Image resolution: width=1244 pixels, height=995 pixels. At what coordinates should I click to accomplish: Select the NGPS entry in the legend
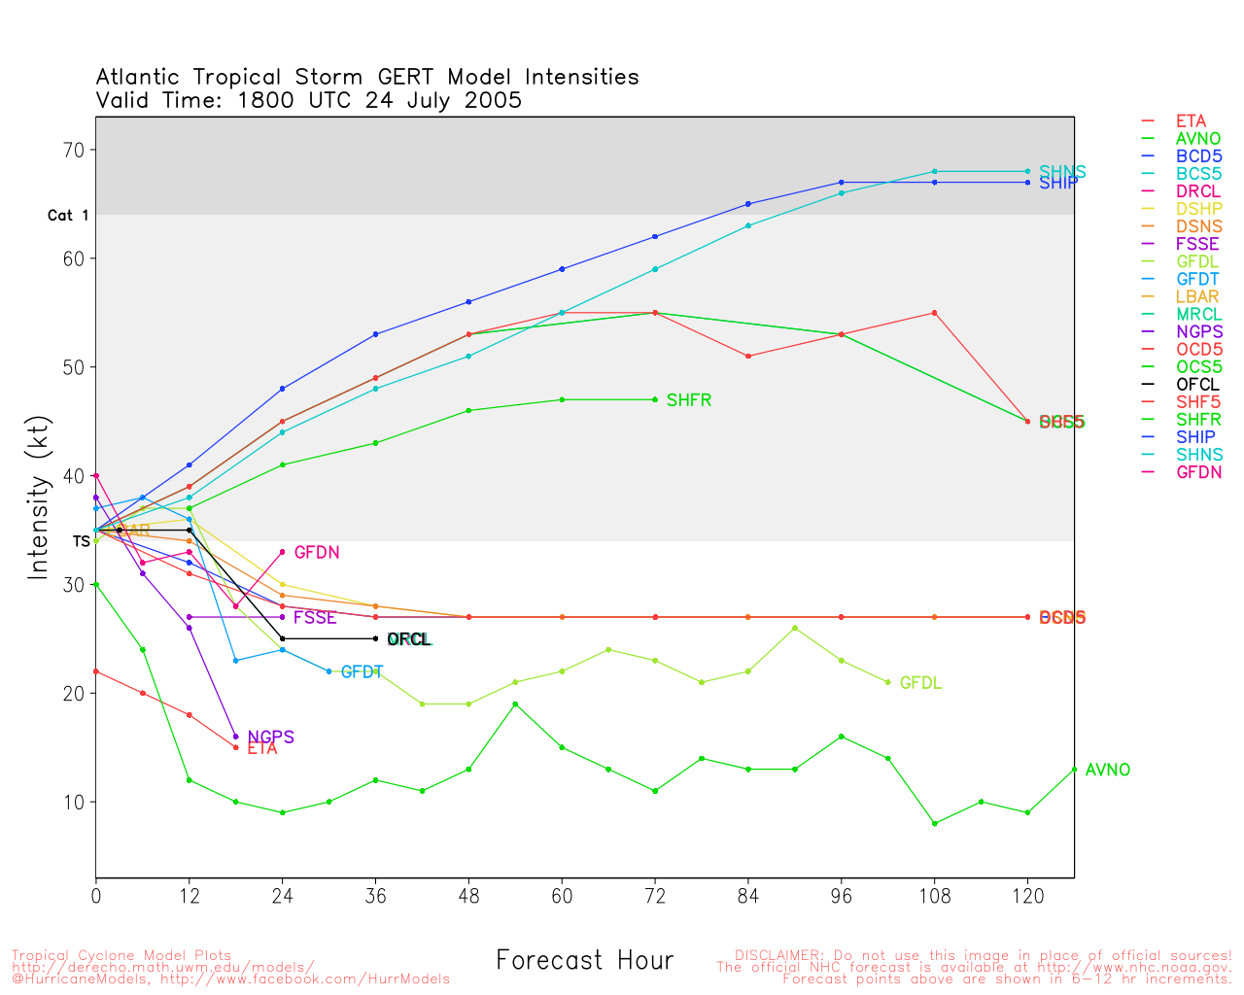point(1199,332)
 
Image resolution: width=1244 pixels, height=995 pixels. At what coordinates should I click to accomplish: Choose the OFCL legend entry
point(1197,385)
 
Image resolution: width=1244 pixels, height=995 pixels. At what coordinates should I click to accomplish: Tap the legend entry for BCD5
point(1198,156)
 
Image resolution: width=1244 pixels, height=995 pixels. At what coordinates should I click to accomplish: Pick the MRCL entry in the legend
point(1199,315)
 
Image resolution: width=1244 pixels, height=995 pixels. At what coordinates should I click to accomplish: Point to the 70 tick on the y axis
point(74,150)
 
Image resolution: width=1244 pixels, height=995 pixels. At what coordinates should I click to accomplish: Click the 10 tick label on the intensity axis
point(74,803)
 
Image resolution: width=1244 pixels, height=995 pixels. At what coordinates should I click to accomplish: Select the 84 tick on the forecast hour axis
point(748,896)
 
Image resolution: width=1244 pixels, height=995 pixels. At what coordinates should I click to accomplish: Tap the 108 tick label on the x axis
point(934,896)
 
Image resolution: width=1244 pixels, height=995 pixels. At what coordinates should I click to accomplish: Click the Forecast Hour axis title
point(584,961)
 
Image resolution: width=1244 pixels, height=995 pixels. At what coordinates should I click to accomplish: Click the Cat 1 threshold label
point(68,216)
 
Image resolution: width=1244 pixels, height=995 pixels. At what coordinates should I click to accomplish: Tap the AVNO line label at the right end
point(1108,771)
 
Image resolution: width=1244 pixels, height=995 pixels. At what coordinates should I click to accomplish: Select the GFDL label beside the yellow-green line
point(920,684)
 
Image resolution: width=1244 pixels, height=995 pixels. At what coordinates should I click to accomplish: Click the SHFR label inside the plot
point(689,400)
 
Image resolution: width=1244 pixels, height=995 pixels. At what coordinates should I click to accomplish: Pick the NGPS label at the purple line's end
point(270,738)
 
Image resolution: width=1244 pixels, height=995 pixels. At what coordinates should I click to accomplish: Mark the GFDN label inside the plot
point(317,553)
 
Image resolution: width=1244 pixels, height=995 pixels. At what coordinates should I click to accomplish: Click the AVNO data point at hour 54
point(515,704)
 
